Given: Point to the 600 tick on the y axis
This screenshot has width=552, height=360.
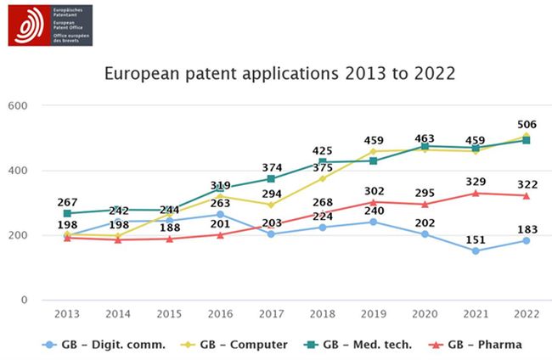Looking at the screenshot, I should (18, 106).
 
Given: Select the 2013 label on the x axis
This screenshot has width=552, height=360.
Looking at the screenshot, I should (67, 314).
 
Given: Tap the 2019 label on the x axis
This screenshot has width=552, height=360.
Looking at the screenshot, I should (373, 314).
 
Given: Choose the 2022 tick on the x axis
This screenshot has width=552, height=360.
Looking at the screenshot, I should (526, 314).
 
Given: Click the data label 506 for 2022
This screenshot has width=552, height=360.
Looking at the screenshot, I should (527, 124).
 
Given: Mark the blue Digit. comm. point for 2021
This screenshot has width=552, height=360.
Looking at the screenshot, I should (475, 250).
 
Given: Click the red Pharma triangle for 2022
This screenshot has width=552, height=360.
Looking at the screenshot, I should (526, 195).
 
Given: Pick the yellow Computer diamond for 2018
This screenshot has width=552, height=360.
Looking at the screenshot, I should (322, 178).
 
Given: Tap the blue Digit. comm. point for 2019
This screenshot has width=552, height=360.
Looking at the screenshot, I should (373, 222).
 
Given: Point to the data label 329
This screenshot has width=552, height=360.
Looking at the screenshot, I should (476, 181).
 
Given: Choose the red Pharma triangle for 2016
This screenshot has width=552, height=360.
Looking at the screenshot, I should (220, 234).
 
